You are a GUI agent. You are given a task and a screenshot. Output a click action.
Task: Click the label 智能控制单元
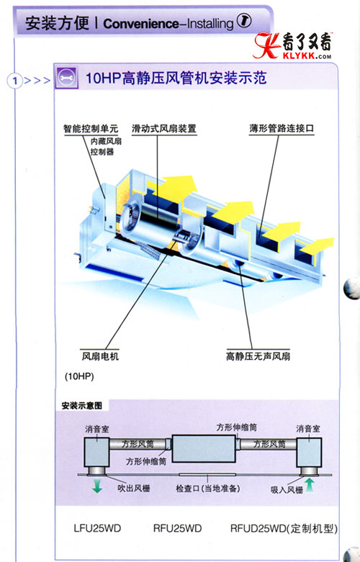91,128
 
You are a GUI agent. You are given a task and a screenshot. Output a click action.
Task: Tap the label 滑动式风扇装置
164,128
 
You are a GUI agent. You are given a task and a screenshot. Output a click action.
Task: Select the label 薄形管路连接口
282,128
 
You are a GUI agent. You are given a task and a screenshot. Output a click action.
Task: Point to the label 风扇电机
100,356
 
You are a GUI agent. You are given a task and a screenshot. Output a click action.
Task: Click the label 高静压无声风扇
258,356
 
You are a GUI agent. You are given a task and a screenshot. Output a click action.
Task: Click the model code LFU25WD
97,528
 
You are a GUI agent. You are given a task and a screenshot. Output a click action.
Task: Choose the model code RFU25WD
178,528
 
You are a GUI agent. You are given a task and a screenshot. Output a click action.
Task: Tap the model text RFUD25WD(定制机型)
284,529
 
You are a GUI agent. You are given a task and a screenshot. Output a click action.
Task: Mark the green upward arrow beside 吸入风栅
309,485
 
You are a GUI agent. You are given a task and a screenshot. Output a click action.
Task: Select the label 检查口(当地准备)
207,489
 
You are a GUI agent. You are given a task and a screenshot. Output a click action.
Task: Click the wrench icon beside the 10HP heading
66,78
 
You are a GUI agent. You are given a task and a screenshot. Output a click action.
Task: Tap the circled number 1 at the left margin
14,81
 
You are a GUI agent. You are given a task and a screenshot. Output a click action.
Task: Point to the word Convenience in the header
140,24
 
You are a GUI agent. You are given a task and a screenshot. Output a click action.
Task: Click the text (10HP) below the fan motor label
79,376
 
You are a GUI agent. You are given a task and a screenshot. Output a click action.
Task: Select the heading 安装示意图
82,405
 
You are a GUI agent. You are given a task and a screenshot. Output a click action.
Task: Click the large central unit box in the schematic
203,448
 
